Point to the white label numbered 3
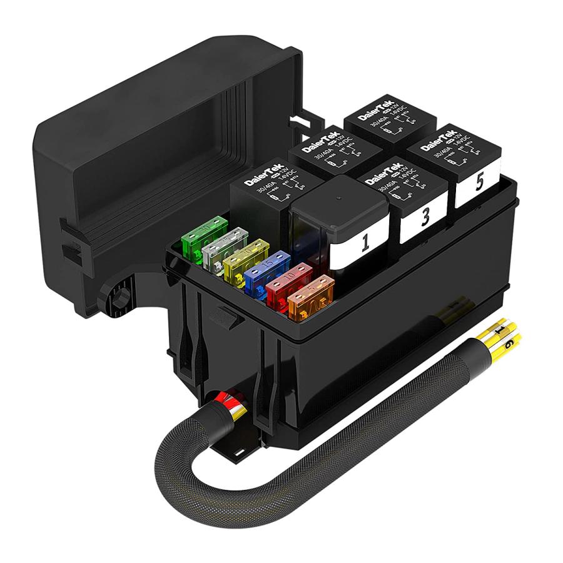coord(425,216)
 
